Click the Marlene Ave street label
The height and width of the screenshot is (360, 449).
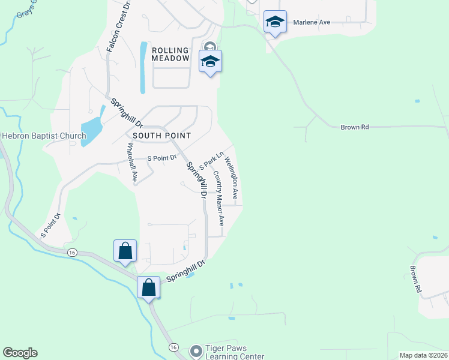point(312,22)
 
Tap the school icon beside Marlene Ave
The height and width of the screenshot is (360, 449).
point(275,22)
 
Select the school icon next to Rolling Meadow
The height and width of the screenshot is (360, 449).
point(210,61)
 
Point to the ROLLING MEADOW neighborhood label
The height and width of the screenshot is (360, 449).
point(171,54)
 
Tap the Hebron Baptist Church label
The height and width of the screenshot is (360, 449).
point(44,136)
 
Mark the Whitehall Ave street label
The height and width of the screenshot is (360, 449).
point(130,163)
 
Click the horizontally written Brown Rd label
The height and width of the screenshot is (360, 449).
point(354,127)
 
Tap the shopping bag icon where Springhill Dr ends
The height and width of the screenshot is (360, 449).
point(148,287)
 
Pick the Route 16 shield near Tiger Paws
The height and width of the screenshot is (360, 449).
point(173,347)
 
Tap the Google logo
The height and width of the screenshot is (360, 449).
point(20,353)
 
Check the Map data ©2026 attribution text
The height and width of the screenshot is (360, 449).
point(423,355)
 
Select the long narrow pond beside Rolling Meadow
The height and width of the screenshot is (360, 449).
point(143,67)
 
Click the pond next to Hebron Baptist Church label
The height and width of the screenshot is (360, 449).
point(91,124)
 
